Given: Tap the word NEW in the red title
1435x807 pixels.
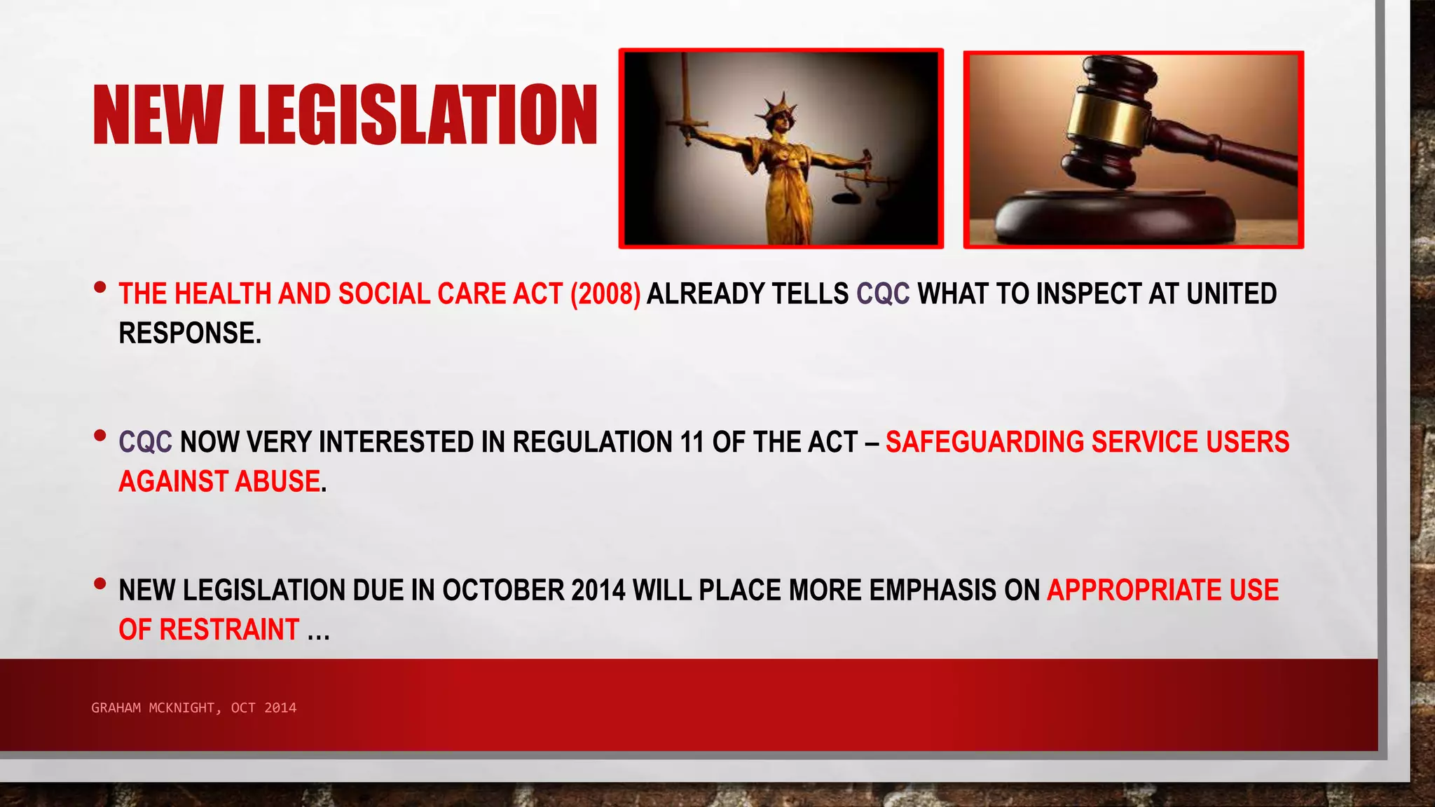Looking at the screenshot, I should point(158,115).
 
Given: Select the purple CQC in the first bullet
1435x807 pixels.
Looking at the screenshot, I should point(883,294).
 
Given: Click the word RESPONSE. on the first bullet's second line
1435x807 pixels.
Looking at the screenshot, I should point(190,333).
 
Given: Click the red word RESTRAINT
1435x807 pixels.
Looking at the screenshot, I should point(230,630).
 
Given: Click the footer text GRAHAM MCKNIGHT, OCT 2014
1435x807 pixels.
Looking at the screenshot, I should point(193,708).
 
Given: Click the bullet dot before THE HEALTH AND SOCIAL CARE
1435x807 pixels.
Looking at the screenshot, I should point(100,287).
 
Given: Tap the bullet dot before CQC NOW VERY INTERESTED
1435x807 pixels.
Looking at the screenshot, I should point(100,436).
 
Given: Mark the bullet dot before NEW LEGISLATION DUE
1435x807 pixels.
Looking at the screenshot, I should point(100,584).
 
